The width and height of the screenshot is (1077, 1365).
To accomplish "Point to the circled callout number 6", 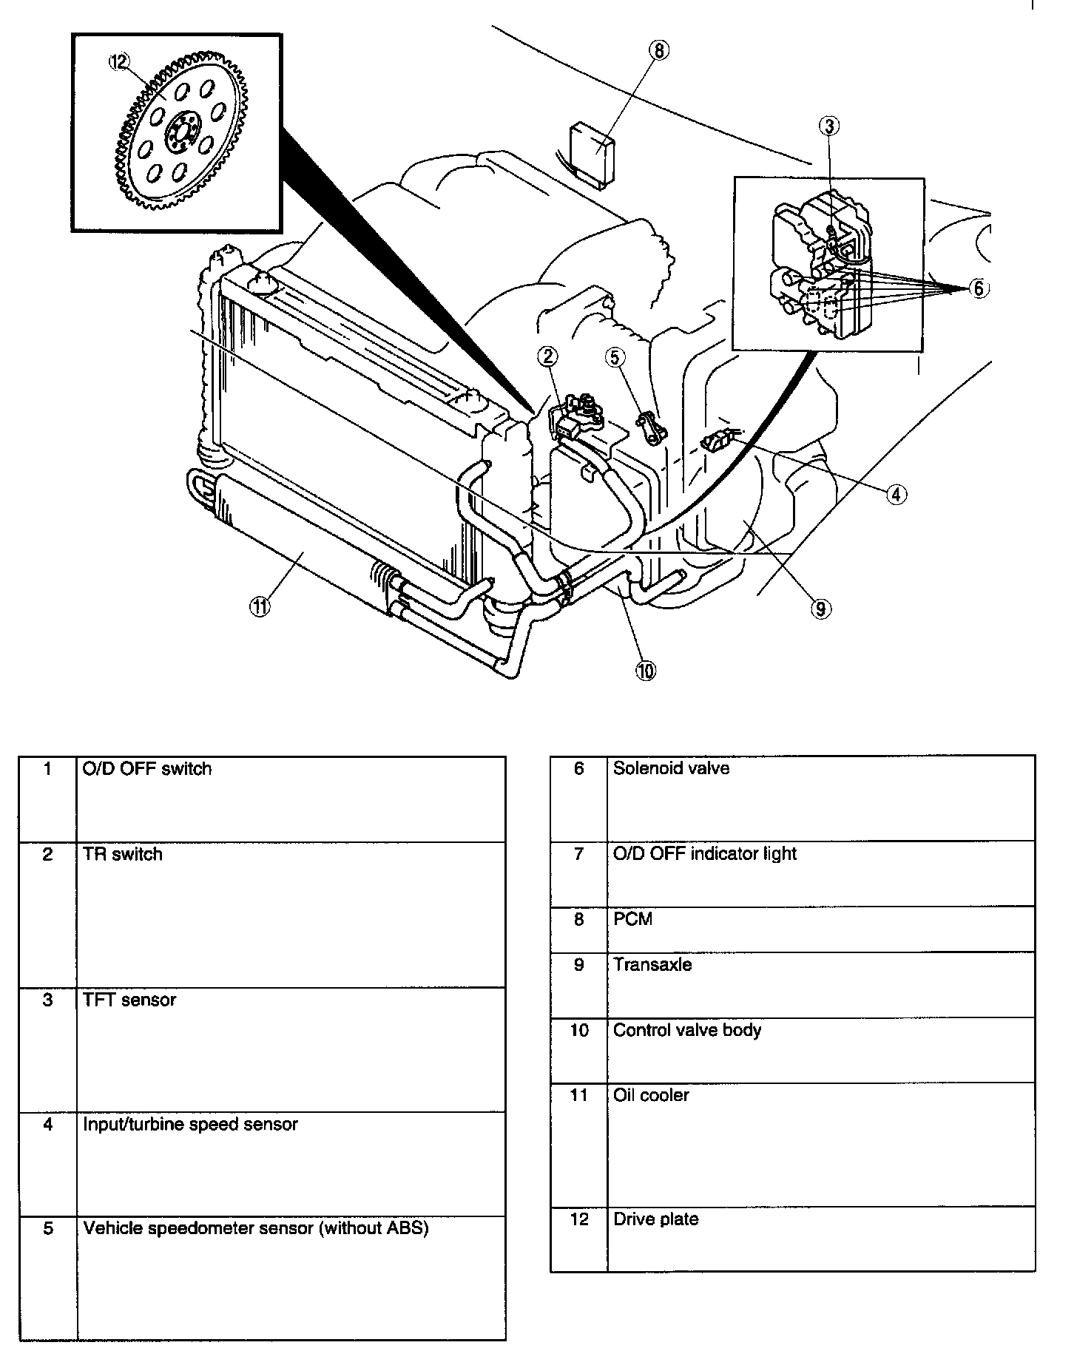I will [978, 288].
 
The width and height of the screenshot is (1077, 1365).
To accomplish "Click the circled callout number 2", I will [547, 357].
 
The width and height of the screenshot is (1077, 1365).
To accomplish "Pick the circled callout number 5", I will [615, 357].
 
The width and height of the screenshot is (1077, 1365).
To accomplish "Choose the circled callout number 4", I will [896, 494].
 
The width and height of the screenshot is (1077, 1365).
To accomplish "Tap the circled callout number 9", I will [820, 608].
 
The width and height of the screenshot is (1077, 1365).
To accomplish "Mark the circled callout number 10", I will [646, 671].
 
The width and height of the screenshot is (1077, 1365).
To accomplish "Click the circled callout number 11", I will [259, 607].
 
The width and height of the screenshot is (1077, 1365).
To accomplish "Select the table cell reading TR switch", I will [123, 854].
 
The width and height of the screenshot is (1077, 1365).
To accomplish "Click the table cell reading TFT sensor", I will [129, 1000].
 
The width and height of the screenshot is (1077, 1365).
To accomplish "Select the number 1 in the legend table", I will [47, 769].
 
